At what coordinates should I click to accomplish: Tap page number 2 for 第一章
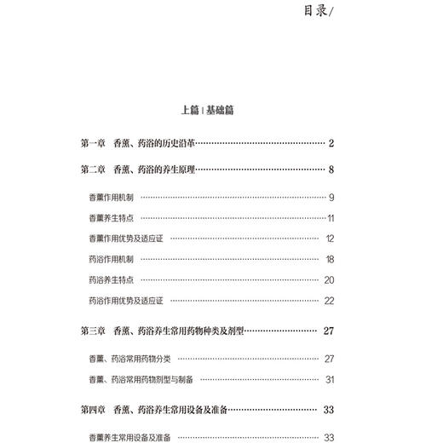(x=331, y=143)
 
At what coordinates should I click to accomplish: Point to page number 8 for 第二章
(x=331, y=170)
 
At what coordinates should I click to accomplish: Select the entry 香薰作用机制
(x=110, y=198)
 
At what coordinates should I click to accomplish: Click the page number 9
(x=331, y=198)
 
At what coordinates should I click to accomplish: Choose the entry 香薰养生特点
(x=110, y=218)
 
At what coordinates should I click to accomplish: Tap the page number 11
(x=331, y=218)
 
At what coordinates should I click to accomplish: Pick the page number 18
(x=330, y=259)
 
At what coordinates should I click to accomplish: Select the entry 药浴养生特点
(x=110, y=279)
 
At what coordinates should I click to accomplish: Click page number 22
(x=330, y=301)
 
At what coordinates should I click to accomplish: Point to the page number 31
(x=330, y=379)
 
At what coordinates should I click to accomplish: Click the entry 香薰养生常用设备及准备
(x=129, y=437)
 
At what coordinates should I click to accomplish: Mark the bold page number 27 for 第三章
(x=329, y=330)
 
